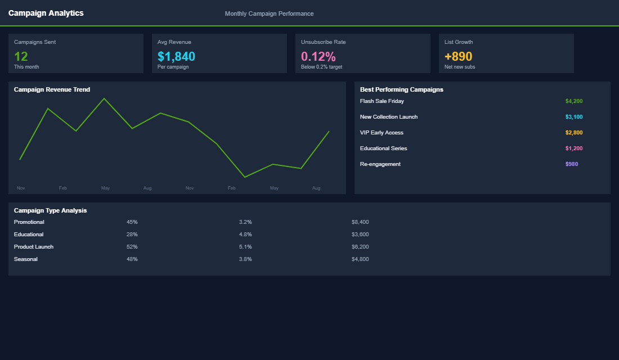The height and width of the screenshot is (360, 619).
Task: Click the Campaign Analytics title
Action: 46,13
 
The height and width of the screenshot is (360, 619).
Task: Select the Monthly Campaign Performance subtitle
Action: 269,13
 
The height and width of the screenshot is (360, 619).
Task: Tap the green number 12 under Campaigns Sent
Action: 21,56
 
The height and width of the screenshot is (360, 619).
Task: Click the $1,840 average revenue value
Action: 176,56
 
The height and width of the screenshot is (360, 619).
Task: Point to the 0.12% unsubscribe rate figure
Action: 318,56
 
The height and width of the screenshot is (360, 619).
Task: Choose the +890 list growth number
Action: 458,56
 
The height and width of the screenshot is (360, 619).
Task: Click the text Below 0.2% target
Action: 321,67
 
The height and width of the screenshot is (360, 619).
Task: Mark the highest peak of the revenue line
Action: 104,98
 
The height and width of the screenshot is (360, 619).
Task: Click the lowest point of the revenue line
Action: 245,177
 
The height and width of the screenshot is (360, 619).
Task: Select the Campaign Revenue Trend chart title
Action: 52,89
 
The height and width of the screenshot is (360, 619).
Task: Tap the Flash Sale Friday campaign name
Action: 382,101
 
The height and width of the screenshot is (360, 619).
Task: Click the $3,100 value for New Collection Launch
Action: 573,117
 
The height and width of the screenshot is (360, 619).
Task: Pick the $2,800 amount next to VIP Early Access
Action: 573,133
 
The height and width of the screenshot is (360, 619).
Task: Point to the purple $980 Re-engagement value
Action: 571,164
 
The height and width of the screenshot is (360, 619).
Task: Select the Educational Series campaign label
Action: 383,148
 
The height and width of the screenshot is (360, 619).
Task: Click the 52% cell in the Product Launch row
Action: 132,247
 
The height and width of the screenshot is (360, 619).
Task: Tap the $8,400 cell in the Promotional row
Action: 360,222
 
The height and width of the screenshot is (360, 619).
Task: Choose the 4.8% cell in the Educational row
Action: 245,235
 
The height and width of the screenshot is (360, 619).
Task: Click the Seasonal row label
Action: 26,259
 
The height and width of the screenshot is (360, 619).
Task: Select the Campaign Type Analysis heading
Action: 50,210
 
